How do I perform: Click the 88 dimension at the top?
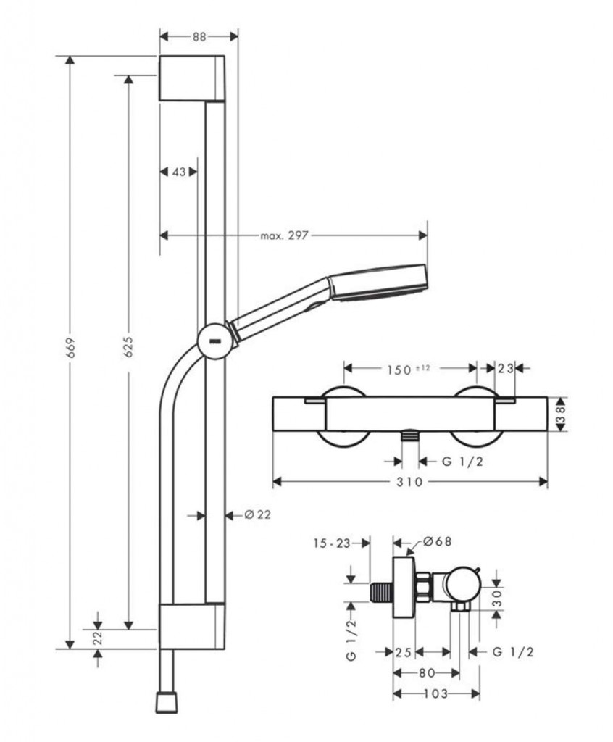(x=199, y=36)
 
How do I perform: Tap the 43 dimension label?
(x=178, y=172)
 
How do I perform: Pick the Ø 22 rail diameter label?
(x=257, y=514)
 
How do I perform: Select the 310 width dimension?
(x=409, y=483)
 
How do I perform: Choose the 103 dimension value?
(x=436, y=693)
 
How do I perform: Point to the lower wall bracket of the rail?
(x=191, y=625)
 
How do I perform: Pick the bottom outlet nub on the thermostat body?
(x=410, y=437)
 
